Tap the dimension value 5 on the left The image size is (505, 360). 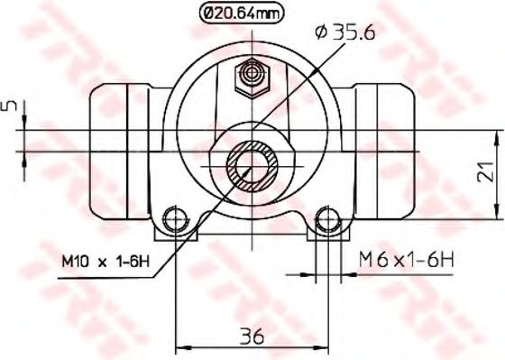10,106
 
